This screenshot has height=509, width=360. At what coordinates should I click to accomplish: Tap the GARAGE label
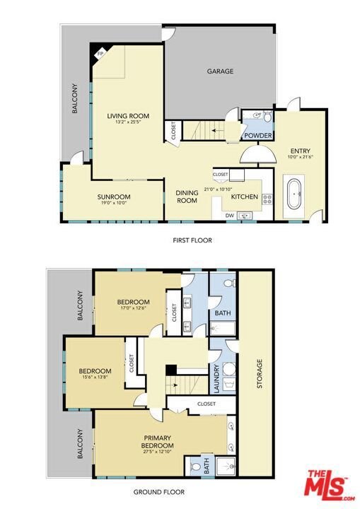coord(220,71)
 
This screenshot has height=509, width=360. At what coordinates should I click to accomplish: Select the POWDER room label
coord(258,135)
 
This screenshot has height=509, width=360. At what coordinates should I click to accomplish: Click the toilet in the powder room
coord(268,116)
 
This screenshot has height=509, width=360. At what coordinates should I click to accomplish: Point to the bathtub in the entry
coord(295,194)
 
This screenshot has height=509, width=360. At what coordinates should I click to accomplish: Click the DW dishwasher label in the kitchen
coord(230,215)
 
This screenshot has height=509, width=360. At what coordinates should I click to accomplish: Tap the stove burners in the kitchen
coord(267,199)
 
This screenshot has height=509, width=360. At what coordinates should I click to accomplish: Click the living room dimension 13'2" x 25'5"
coord(128,122)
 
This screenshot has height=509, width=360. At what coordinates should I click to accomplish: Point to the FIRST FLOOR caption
coord(192,240)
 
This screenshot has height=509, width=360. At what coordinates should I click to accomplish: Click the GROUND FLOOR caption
coord(159,492)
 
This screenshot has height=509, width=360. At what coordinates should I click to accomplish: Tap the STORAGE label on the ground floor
coord(260,373)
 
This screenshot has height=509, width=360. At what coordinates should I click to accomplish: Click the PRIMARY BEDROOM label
coord(157,441)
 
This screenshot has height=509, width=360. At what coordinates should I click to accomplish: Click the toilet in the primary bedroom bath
coord(195,467)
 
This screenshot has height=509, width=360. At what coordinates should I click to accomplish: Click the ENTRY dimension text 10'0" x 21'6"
coord(300,157)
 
